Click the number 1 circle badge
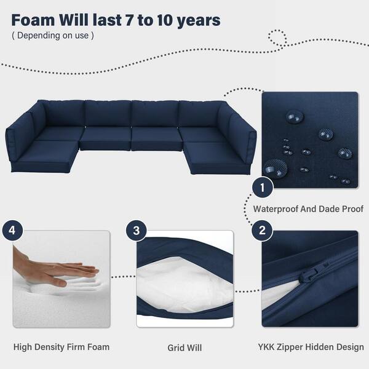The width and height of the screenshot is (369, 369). click(x=263, y=188)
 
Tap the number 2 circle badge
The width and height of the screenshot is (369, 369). click(x=263, y=230)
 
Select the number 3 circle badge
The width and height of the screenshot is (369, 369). click(x=137, y=231)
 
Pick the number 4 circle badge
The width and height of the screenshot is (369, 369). click(x=13, y=230)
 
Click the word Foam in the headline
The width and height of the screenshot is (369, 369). click(x=33, y=20)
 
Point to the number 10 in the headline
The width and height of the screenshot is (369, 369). click(x=165, y=20)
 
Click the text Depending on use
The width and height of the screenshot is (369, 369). click(x=53, y=36)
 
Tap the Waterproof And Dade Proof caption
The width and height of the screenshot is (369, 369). click(x=308, y=208)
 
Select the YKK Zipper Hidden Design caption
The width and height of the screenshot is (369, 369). click(x=311, y=347)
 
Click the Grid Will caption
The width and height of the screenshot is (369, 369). click(x=184, y=348)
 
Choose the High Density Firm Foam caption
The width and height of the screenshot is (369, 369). click(x=61, y=347)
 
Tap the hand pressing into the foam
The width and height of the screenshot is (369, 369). click(x=54, y=269)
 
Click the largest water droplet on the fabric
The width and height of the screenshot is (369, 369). click(x=276, y=168)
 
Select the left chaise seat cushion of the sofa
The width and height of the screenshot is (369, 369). click(x=45, y=153)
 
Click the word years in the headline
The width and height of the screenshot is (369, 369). click(x=199, y=21)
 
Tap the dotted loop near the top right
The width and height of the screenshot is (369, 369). click(x=278, y=38)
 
